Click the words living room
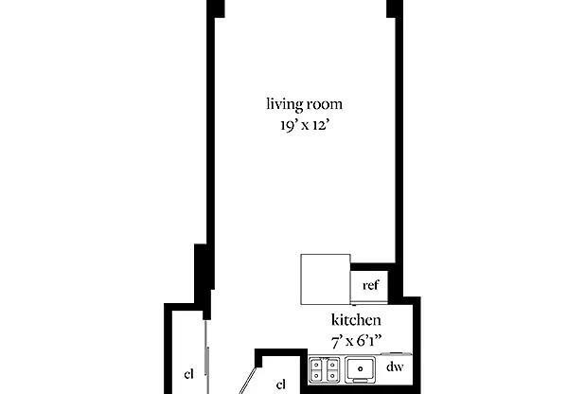tap(303, 104)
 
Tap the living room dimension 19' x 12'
tap(303, 122)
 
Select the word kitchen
tap(356, 320)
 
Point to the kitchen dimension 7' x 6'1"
tap(356, 338)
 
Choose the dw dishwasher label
tap(395, 367)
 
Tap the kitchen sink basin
tap(360, 367)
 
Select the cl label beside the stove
tap(280, 384)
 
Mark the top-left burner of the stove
tap(317, 362)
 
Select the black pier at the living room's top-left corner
tap(217, 8)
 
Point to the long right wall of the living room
tap(401, 142)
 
